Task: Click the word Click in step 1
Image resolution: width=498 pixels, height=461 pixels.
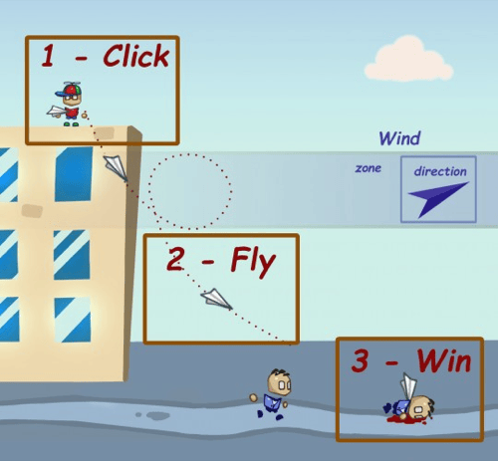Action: pyautogui.click(x=136, y=56)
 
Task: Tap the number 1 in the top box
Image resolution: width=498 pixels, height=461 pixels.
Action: pyautogui.click(x=48, y=56)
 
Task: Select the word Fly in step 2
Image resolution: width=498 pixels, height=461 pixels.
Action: pyautogui.click(x=253, y=262)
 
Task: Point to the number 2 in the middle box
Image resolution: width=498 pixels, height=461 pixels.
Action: pyautogui.click(x=175, y=259)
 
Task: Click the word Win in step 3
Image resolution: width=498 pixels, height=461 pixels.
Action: pyautogui.click(x=444, y=360)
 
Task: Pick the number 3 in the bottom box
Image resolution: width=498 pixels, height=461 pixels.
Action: pyautogui.click(x=360, y=360)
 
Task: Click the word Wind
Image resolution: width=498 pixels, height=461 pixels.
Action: pyautogui.click(x=399, y=138)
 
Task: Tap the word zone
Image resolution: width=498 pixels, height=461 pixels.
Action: pyautogui.click(x=369, y=168)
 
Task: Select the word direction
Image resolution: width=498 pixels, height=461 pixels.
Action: pyautogui.click(x=440, y=171)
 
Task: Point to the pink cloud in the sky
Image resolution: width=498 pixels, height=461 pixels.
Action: pyautogui.click(x=408, y=60)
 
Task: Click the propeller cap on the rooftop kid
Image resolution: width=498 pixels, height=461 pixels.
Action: pyautogui.click(x=69, y=89)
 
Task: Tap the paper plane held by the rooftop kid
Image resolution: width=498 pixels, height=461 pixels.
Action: pyautogui.click(x=55, y=112)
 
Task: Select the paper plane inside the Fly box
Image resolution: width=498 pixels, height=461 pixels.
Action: pyautogui.click(x=216, y=299)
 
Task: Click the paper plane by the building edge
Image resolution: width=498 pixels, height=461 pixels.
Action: pyautogui.click(x=116, y=168)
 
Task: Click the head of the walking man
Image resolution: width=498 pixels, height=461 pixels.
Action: pyautogui.click(x=279, y=382)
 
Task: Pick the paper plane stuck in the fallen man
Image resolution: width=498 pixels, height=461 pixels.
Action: pyautogui.click(x=408, y=385)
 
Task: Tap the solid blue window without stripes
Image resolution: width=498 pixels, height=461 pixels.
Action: pyautogui.click(x=74, y=173)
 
